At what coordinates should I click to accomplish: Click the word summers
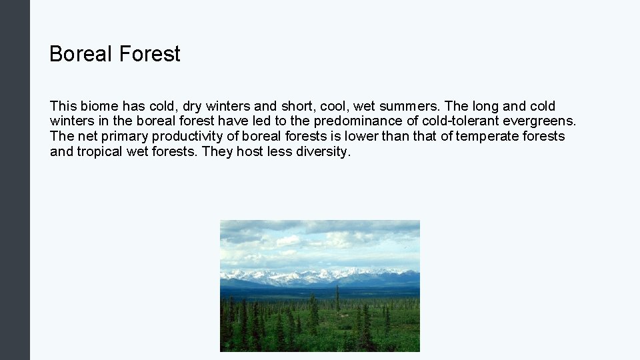[407, 106]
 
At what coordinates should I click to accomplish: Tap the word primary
[126, 137]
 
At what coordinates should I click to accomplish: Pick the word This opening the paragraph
[63, 106]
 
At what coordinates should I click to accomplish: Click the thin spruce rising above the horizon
[337, 297]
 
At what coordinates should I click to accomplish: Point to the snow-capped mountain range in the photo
[320, 275]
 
